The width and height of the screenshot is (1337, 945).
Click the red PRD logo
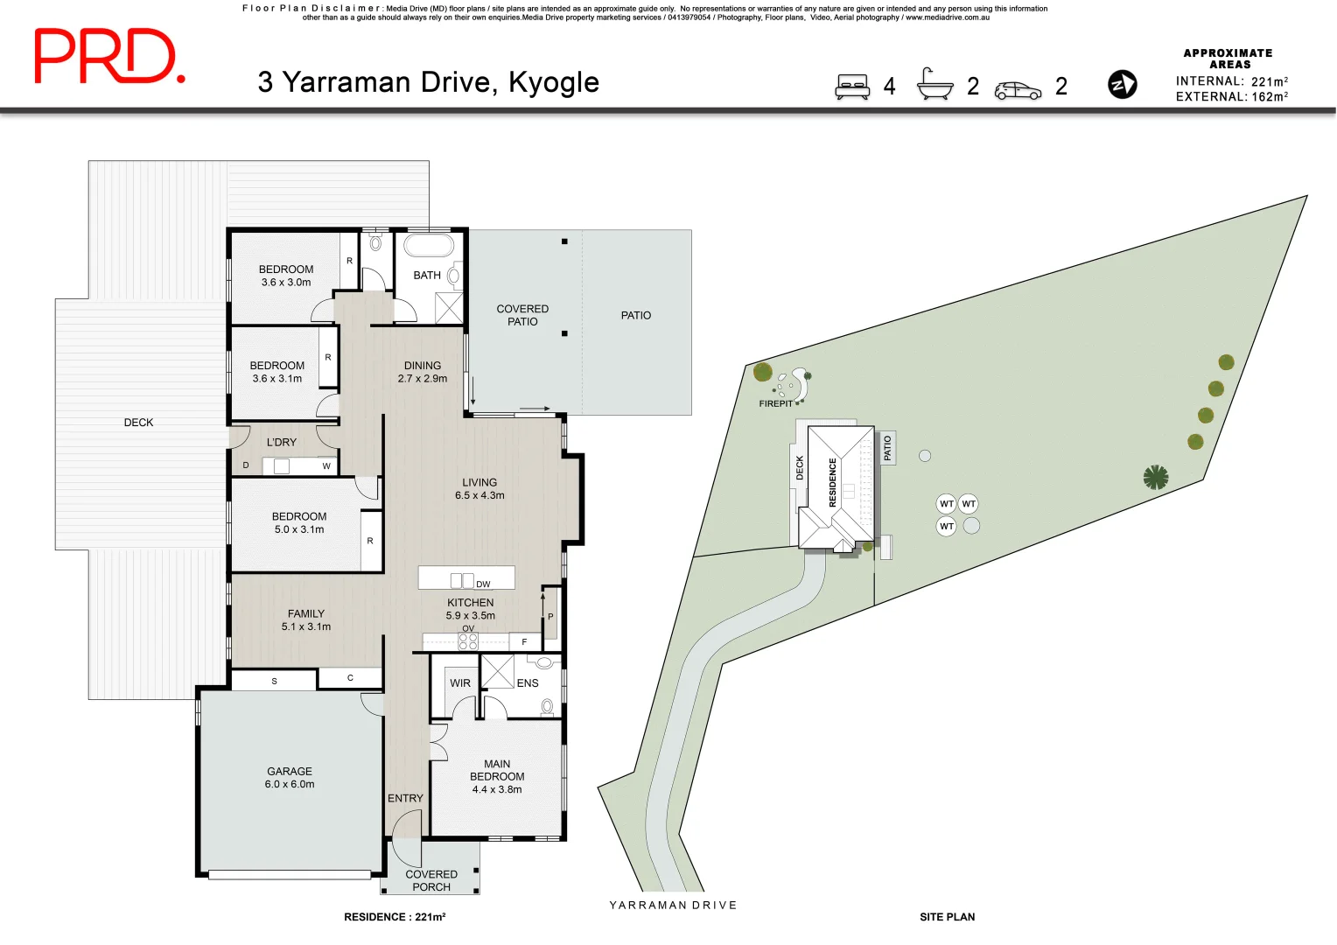(x=108, y=56)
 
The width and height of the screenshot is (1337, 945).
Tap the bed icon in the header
(x=851, y=87)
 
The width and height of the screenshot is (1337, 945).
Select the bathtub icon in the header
(x=934, y=85)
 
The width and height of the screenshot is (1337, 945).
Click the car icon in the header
(x=1018, y=90)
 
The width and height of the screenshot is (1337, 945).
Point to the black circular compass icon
(x=1123, y=85)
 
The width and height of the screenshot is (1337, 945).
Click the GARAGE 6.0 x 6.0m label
(x=290, y=778)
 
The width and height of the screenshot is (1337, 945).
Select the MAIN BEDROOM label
(x=497, y=776)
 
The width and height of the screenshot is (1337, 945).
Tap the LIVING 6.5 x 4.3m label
(x=479, y=488)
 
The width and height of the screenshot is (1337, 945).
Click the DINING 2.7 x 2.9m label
(x=423, y=372)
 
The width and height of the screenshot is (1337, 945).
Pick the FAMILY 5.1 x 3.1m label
(x=306, y=619)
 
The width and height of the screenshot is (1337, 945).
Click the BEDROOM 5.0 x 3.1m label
(x=299, y=522)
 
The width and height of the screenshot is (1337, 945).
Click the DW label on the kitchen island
(x=483, y=584)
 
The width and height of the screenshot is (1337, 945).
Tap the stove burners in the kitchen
(x=468, y=641)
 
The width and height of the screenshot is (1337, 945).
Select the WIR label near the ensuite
(x=460, y=683)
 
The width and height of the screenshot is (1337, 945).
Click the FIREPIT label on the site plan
(x=775, y=403)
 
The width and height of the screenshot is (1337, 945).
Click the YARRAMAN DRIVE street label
(x=673, y=905)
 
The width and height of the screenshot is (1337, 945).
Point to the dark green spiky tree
(x=1156, y=477)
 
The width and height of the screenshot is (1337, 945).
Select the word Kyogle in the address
(x=554, y=82)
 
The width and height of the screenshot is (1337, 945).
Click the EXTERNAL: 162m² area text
(x=1231, y=97)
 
